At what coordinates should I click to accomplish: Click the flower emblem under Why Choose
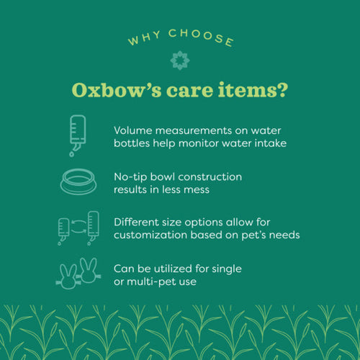pyautogui.click(x=179, y=60)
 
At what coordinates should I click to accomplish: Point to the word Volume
pyautogui.click(x=136, y=130)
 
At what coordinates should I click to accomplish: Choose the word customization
pyautogui.click(x=154, y=234)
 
